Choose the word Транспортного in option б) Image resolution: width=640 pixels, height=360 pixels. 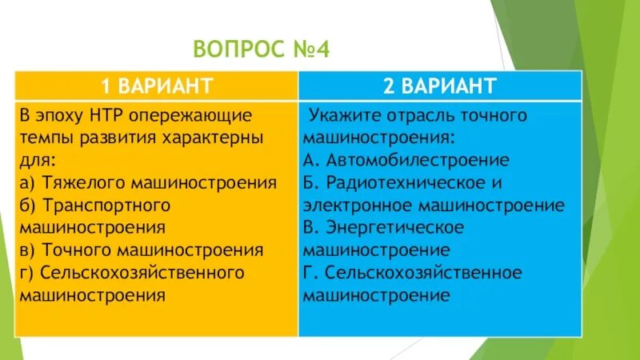coord(103,206)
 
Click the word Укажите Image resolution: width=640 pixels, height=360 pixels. coord(341,115)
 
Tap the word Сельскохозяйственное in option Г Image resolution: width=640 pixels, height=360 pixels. coord(423,273)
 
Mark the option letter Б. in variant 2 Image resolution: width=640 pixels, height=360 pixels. coord(310,182)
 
